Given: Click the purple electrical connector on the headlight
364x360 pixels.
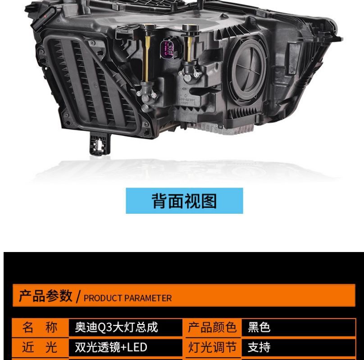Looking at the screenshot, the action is click(x=167, y=50).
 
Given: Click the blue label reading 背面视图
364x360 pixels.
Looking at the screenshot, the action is click(x=184, y=201).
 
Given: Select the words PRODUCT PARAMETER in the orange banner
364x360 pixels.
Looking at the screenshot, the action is click(x=127, y=298).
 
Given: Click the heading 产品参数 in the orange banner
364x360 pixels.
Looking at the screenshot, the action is click(x=45, y=296).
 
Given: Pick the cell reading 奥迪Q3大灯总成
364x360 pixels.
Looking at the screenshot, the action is click(x=116, y=327).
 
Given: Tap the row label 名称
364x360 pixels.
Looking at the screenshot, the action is click(x=40, y=327).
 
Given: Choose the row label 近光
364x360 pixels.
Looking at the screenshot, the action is click(x=40, y=347).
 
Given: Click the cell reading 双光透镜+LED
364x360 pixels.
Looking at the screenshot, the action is click(x=111, y=347).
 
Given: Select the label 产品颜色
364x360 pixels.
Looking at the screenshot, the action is click(x=212, y=327).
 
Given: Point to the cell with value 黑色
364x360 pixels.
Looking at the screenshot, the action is click(x=259, y=327).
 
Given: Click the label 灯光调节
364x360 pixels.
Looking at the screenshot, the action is click(x=212, y=347).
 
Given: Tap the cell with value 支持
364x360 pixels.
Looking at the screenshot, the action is click(x=259, y=347).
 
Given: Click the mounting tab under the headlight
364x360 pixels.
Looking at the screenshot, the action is click(x=100, y=144).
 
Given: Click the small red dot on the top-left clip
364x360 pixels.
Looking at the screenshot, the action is click(x=45, y=16).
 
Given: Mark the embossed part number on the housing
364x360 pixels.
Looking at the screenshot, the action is click(x=187, y=100).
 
